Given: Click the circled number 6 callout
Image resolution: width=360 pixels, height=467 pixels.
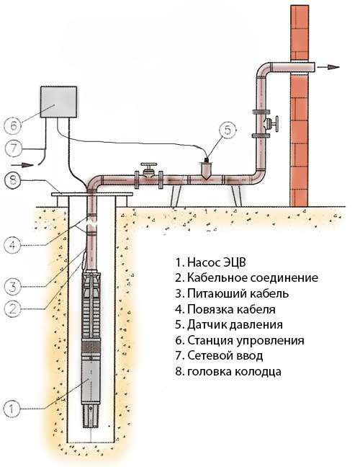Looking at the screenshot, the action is [13, 125].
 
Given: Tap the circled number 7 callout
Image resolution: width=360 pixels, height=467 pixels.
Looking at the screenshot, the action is [14, 148].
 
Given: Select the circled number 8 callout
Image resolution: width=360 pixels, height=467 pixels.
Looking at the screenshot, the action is [13, 180].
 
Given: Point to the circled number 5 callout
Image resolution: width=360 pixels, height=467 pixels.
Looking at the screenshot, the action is [228, 130].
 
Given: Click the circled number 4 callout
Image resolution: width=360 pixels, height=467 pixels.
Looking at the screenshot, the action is [12, 245].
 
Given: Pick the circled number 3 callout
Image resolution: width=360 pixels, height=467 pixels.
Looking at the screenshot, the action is [13, 287].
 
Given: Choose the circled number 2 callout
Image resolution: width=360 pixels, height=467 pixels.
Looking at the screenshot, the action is [12, 309].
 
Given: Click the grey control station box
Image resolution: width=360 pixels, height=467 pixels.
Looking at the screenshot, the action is [58, 102].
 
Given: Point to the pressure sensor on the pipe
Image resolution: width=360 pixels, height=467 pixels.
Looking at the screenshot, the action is [206, 169].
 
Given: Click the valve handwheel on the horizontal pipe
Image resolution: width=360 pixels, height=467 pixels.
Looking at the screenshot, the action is [149, 165].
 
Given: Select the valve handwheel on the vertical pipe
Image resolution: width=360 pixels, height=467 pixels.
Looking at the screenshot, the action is [276, 124].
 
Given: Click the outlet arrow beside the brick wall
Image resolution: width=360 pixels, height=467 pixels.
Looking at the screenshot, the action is [328, 67].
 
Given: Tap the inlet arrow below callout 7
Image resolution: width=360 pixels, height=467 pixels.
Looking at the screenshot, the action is [22, 165].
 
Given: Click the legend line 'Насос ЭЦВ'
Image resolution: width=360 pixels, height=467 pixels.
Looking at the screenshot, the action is [211, 262].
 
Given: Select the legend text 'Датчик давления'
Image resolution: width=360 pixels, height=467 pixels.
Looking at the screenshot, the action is [229, 324].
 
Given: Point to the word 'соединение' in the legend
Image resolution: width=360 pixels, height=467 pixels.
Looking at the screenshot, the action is [284, 278].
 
